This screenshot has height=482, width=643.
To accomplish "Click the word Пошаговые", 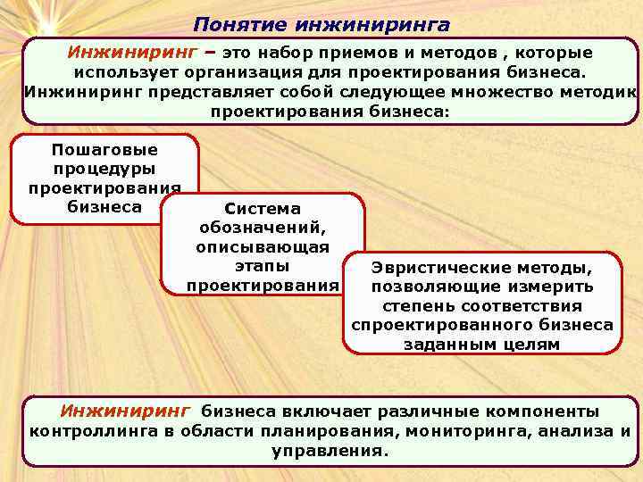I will [104, 149].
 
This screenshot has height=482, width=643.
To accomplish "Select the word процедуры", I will [104, 168].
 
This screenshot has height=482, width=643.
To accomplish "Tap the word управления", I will [330, 451].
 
